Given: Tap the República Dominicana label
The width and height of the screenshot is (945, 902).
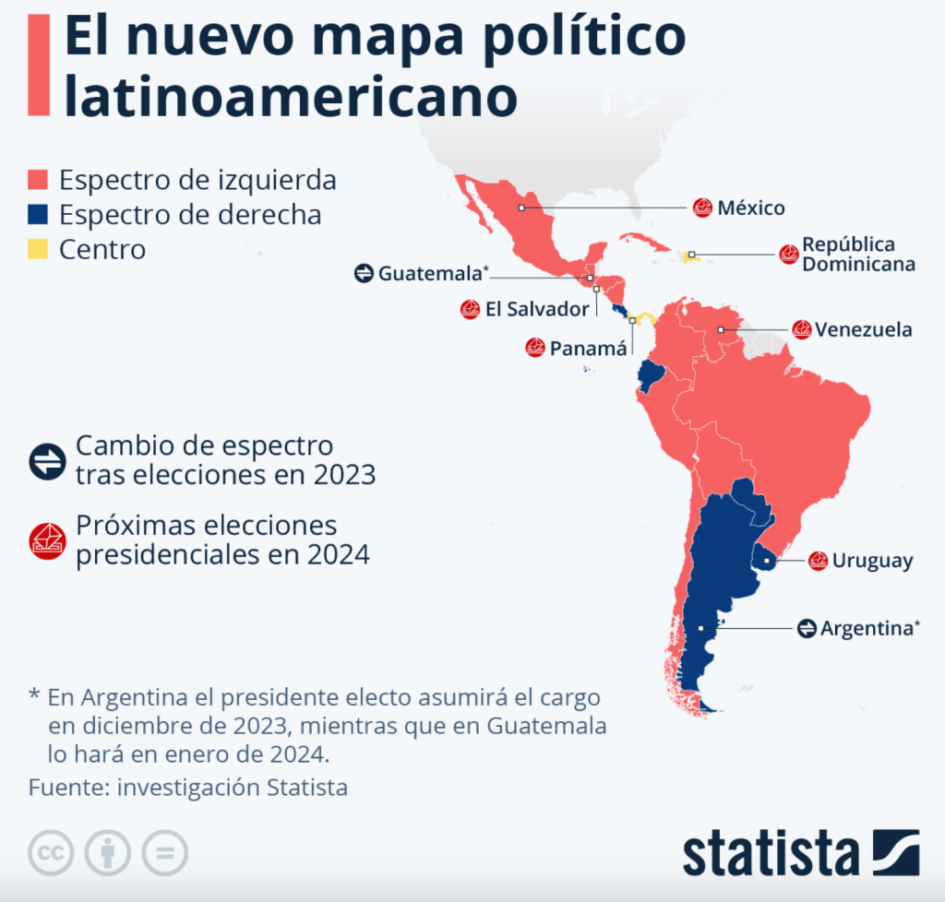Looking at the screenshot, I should point(858,255).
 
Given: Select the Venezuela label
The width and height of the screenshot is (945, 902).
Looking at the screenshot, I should point(864,329).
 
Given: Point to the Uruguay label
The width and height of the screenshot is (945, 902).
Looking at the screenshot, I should point(872,561).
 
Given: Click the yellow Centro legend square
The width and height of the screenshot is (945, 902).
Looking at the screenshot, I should point(38,249).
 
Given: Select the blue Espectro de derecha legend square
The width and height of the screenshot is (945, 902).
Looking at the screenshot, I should point(38,215).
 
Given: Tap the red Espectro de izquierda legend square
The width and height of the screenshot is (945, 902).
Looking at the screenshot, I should point(38,180).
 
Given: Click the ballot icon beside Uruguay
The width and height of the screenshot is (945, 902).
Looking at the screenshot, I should point(818,561).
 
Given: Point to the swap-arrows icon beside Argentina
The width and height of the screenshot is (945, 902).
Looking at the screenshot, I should point(807,628).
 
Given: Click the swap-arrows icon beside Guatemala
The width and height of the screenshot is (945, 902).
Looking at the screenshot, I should point(364,273).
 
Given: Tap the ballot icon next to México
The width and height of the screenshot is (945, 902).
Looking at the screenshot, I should point(703,208).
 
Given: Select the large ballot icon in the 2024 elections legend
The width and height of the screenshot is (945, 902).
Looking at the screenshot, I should point(47,540).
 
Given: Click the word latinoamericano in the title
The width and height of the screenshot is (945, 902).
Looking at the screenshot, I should point(290,97).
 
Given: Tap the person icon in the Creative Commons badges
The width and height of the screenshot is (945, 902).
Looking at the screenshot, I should point(108,853).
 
